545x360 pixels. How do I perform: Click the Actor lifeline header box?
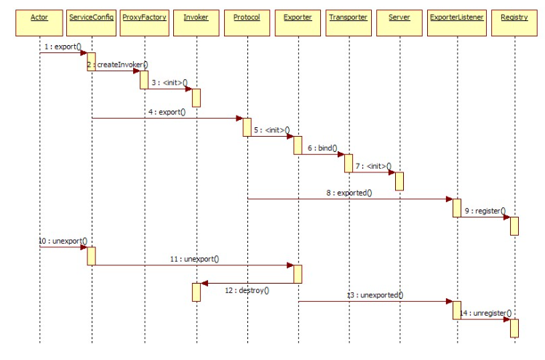click(40, 17)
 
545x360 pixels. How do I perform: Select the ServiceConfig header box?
click(91, 17)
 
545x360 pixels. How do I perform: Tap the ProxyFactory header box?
click(144, 17)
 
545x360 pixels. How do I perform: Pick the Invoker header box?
click(196, 17)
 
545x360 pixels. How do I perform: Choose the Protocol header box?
click(247, 17)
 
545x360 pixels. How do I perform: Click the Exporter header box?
click(298, 17)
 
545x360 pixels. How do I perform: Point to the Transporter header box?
click(348, 17)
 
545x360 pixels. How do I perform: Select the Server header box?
click(399, 17)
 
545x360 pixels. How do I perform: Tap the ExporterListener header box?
click(457, 17)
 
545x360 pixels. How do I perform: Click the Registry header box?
click(514, 17)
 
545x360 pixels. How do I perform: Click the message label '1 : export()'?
click(63, 47)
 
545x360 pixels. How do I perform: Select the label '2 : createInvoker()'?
click(117, 65)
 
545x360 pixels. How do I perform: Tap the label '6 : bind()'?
click(322, 148)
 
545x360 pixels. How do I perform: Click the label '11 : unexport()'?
click(194, 258)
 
